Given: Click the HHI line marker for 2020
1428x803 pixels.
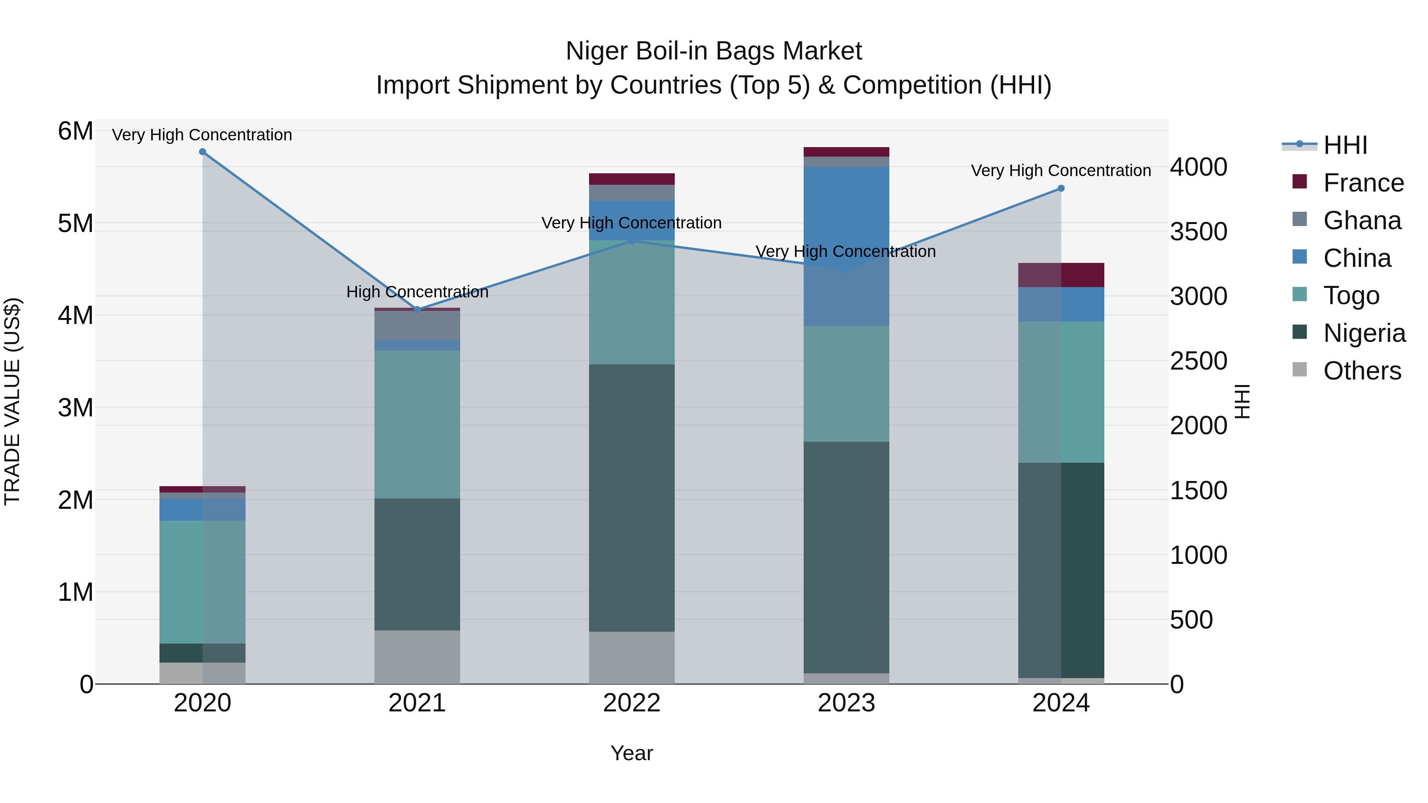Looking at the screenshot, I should click(x=202, y=152).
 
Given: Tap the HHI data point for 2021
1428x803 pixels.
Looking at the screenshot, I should click(x=417, y=310).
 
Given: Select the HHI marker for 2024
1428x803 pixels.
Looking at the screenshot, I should click(x=1061, y=188).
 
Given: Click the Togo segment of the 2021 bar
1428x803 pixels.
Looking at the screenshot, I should click(x=417, y=424).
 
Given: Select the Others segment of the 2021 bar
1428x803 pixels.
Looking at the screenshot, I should click(x=417, y=657).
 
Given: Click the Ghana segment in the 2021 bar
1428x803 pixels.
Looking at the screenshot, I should click(x=417, y=325).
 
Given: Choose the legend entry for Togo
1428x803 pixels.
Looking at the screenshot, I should click(x=1351, y=295).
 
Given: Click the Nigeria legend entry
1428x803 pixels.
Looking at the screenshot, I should click(x=1364, y=333).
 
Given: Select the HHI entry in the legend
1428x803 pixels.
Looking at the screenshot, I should click(x=1344, y=145).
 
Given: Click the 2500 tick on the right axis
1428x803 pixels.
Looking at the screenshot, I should click(x=1198, y=361).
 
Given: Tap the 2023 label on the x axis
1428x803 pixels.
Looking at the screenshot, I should click(x=846, y=703).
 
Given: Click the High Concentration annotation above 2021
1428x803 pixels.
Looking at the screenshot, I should click(x=417, y=292).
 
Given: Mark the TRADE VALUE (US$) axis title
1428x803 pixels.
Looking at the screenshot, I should click(x=12, y=401).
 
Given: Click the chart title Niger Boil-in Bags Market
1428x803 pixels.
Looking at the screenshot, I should click(x=714, y=51).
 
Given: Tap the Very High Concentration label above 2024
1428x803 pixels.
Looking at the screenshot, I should click(x=1061, y=171).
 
